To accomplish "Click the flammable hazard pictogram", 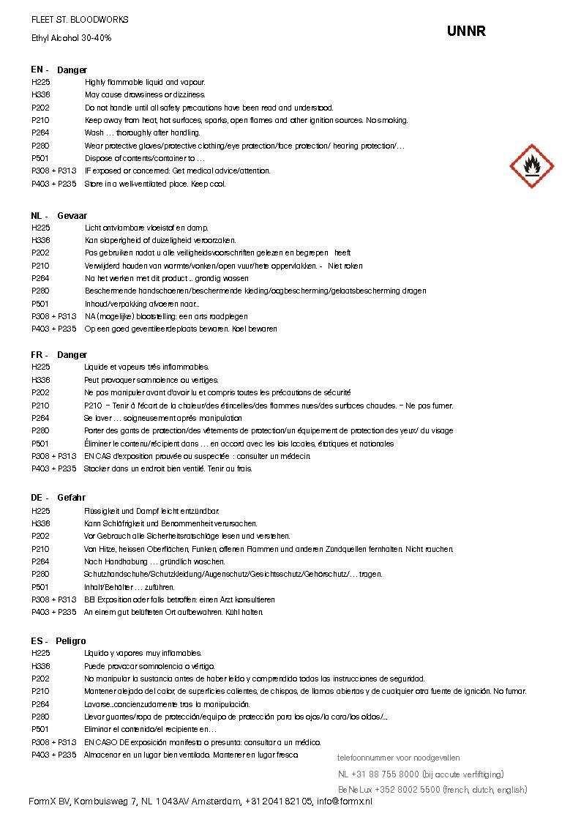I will coord(531,166).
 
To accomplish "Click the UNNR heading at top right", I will coord(466,31).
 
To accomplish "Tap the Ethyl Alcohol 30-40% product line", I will coord(71,37).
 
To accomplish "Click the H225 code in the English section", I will coord(41,83).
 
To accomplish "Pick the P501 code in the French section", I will coord(41,444).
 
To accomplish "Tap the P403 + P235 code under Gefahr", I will coord(53,612).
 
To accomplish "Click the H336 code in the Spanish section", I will coord(41,666).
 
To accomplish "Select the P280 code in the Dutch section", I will coord(41,291).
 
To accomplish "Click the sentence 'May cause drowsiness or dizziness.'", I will coord(145,95).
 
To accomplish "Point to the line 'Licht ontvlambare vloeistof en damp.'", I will coord(146,228).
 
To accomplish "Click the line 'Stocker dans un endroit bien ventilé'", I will coord(168,469).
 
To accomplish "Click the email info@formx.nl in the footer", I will coord(344,802).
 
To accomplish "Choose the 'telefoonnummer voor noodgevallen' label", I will coord(398,758).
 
